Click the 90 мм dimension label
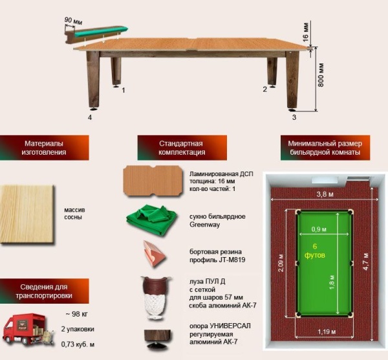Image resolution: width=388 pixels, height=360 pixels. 73,21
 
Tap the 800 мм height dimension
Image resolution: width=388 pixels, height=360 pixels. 321,75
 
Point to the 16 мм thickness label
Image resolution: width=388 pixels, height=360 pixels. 306,32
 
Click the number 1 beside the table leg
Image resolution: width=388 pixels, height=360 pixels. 124,90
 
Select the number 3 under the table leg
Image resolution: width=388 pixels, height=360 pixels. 294,117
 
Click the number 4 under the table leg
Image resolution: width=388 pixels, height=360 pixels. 90,117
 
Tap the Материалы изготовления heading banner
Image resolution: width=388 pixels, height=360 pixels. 44,148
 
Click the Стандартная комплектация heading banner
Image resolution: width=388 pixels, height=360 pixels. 182,148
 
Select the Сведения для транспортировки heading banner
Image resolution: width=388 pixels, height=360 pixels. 44,291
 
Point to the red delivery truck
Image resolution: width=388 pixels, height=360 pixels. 28,330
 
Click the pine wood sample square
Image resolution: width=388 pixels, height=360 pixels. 27,214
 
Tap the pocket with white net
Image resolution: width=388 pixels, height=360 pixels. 155,297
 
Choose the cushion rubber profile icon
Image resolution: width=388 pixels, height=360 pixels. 153,254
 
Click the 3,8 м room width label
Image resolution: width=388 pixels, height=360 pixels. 325,194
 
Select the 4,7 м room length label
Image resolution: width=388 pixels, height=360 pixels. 366,262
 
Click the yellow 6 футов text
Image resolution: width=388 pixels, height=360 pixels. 315,251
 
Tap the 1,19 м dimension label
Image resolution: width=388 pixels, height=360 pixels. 327,332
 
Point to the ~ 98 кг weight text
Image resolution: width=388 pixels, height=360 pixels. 77,314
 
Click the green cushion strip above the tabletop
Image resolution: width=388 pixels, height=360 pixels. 102,32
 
